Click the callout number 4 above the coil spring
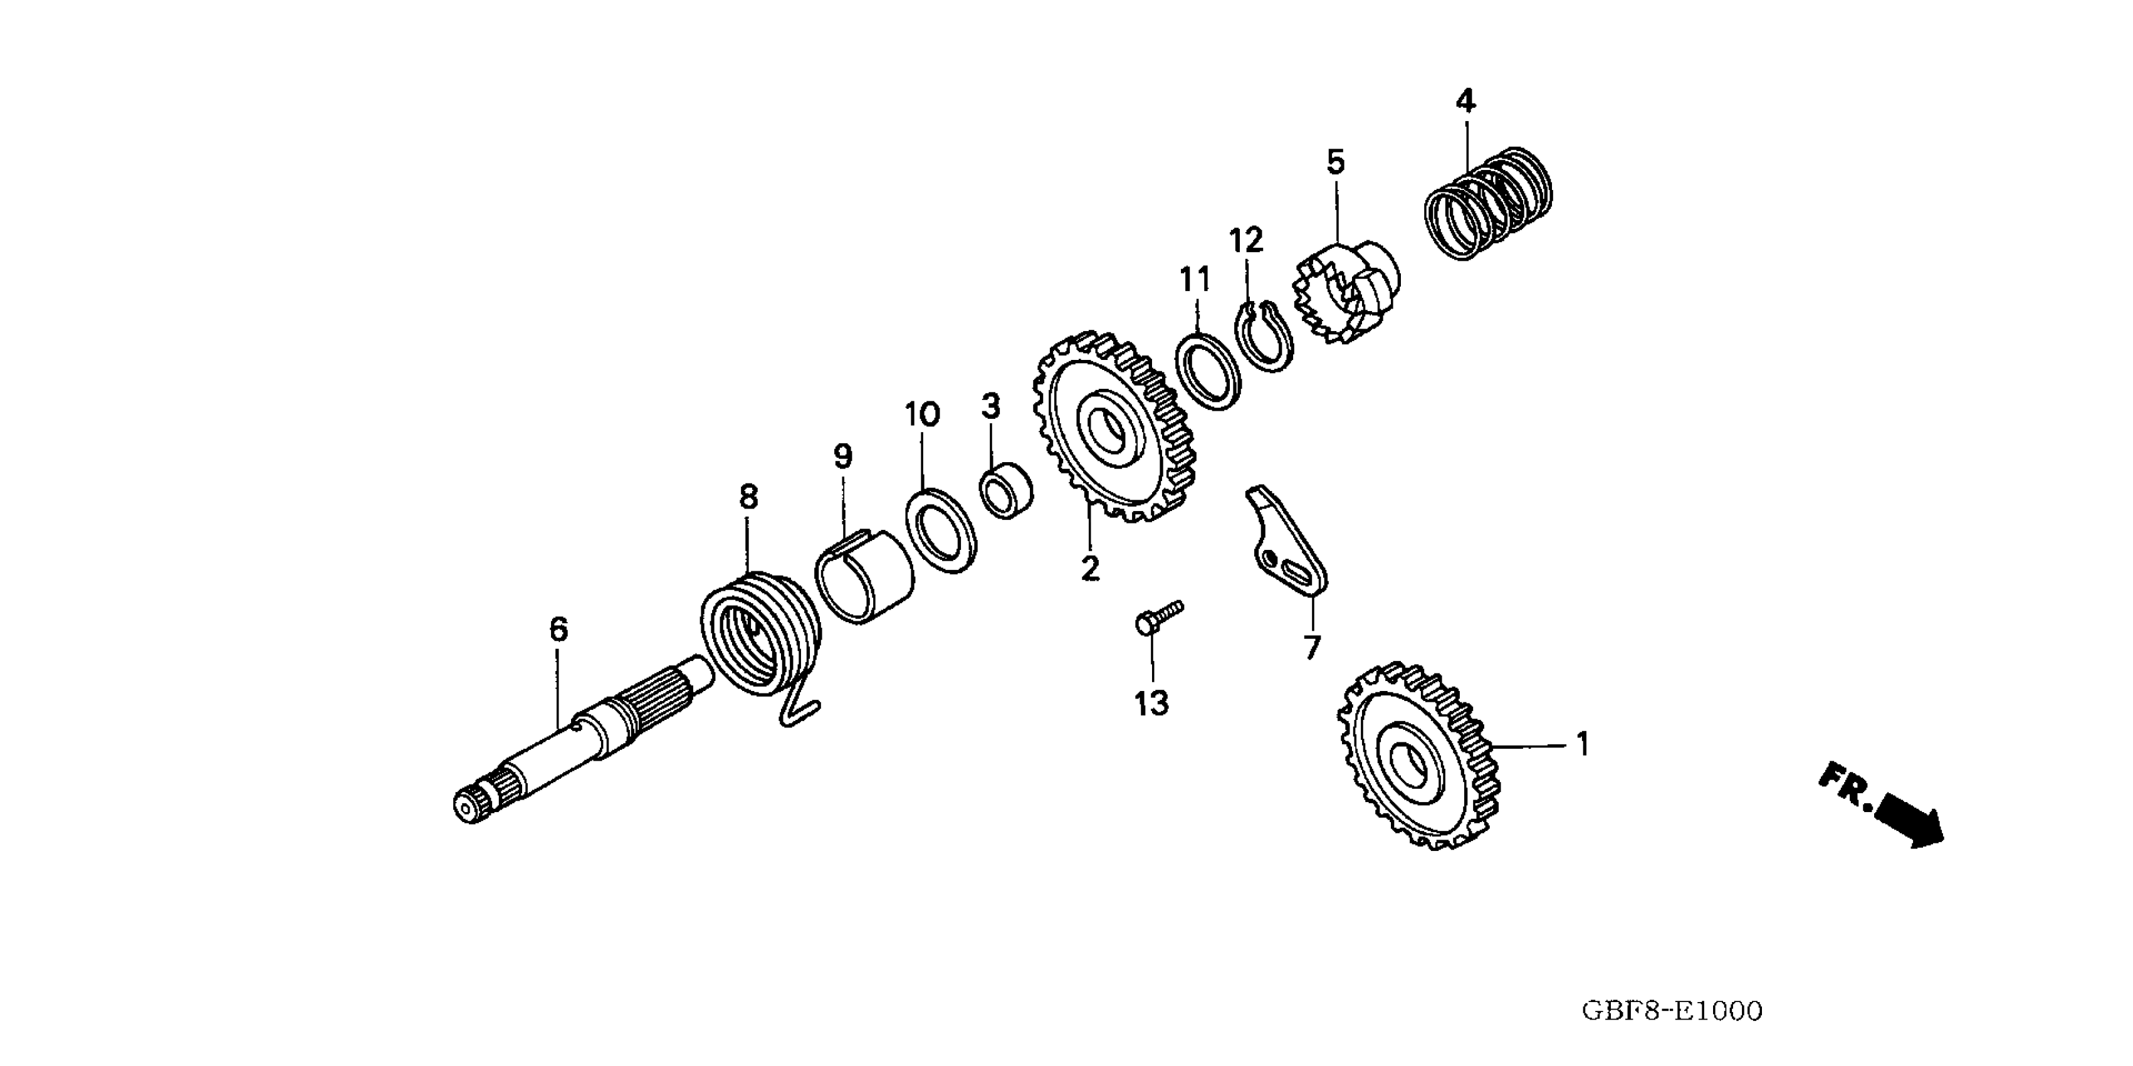(x=1465, y=102)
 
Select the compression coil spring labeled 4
(x=1488, y=203)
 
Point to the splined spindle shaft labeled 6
(x=580, y=740)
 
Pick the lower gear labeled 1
(x=1414, y=756)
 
